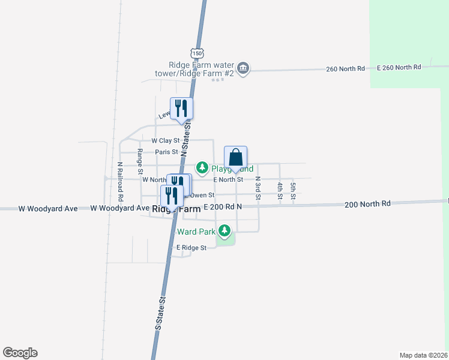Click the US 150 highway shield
click(x=197, y=53)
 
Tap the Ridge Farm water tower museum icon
click(x=243, y=68)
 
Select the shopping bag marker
click(x=236, y=158)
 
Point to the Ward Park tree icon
click(x=224, y=230)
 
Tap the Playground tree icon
click(x=203, y=167)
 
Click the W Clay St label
click(x=166, y=140)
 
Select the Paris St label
click(x=166, y=152)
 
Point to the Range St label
click(x=140, y=161)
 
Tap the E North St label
click(x=228, y=179)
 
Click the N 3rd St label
click(x=258, y=188)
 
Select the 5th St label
click(x=293, y=190)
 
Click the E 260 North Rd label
click(x=399, y=67)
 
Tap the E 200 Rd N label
click(x=222, y=207)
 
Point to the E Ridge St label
click(x=191, y=247)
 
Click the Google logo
click(x=20, y=353)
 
